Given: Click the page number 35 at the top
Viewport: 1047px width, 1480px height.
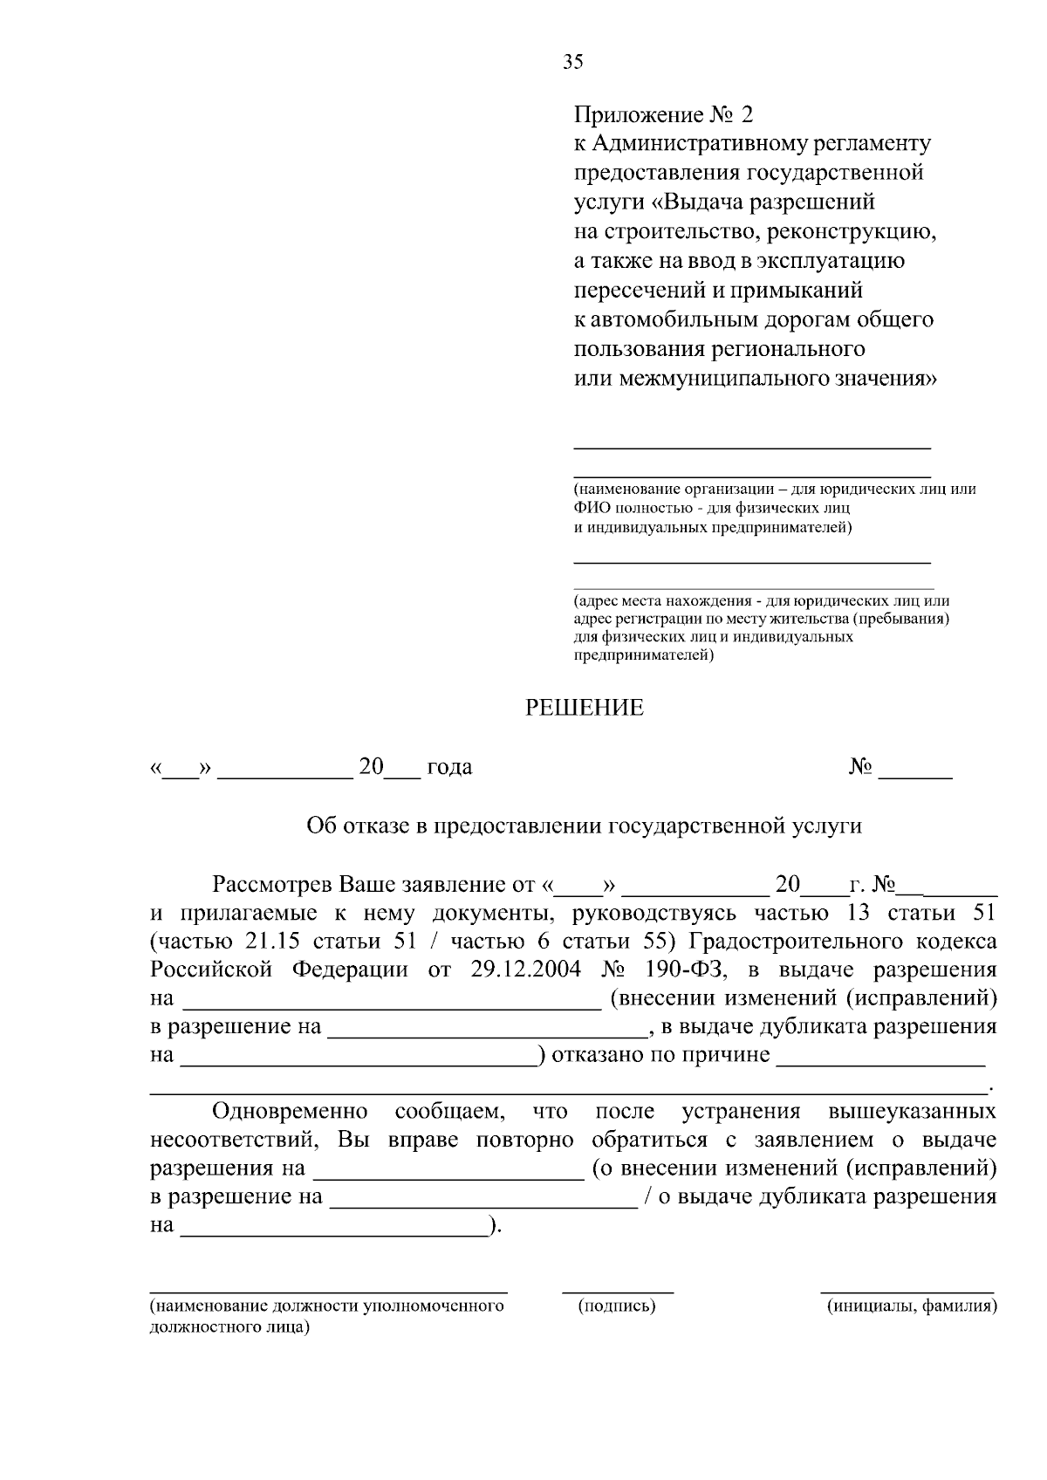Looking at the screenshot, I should pos(573,61).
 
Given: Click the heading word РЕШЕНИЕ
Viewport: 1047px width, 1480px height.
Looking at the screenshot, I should pos(584,709).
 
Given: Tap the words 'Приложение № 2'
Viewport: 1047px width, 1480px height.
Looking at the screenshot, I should pos(662,115).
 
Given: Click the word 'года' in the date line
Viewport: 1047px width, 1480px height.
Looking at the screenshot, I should pos(449,768).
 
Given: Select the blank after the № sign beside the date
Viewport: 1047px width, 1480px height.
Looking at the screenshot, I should pos(915,773).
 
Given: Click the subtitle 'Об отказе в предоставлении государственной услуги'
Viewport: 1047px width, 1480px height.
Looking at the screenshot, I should pos(584,826).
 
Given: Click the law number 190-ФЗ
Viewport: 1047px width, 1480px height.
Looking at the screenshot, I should pos(687,970).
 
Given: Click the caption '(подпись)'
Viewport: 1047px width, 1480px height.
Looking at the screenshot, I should pos(617,1306).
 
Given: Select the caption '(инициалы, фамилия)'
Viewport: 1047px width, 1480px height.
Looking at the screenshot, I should pos(911,1306).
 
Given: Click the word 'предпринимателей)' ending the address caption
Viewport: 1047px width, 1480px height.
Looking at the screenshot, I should pos(643,655).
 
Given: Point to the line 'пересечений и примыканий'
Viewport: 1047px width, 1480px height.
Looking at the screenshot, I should pos(718,290).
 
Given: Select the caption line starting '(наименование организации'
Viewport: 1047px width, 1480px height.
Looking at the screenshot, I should pos(774,490).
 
